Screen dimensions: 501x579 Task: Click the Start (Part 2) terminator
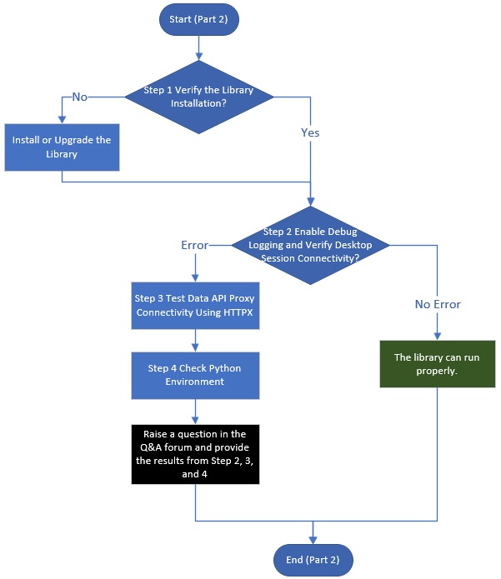click(x=198, y=19)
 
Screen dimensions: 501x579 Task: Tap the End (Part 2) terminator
click(x=313, y=560)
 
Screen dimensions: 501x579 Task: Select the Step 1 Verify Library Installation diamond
click(x=198, y=97)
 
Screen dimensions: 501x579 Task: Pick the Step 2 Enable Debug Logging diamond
click(x=310, y=245)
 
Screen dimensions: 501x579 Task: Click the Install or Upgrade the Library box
click(x=62, y=147)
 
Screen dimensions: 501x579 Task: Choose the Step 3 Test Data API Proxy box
click(x=195, y=306)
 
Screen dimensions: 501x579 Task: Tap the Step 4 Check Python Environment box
click(x=195, y=376)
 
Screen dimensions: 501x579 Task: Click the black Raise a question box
click(x=195, y=454)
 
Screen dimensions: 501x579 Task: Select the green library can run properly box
click(x=438, y=364)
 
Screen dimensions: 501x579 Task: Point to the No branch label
click(x=80, y=97)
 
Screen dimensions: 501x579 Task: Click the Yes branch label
click(x=310, y=132)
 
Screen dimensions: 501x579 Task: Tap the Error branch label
click(x=195, y=245)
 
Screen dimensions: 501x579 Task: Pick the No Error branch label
click(x=438, y=304)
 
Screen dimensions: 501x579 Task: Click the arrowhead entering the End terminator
click(x=313, y=540)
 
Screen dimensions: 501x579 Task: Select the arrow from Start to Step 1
click(x=198, y=48)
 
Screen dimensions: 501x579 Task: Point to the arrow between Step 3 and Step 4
click(x=195, y=341)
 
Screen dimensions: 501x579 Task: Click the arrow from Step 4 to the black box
click(x=195, y=412)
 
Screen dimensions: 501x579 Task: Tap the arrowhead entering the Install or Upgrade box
click(x=62, y=120)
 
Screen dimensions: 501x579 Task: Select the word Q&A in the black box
click(x=151, y=447)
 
